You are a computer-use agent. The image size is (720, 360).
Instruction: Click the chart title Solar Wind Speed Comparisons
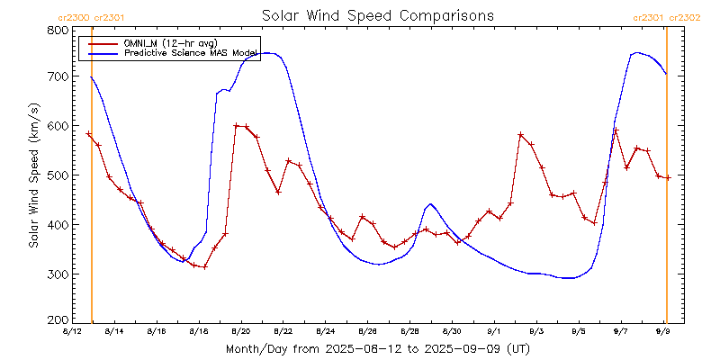[x=377, y=15]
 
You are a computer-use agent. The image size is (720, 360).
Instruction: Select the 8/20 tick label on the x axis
[x=240, y=331]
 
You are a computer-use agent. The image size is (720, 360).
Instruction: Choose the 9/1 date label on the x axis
[x=494, y=331]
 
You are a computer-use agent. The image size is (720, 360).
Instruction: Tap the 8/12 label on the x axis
[x=71, y=331]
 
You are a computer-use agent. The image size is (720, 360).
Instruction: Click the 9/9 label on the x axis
[x=663, y=331]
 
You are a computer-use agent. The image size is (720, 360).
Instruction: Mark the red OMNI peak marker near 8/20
[x=236, y=126]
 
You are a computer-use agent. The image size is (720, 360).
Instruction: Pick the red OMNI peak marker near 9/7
[x=616, y=130]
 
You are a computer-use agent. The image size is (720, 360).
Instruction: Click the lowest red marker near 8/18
[x=204, y=266]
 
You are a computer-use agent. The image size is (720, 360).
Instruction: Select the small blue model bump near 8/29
[x=430, y=204]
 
